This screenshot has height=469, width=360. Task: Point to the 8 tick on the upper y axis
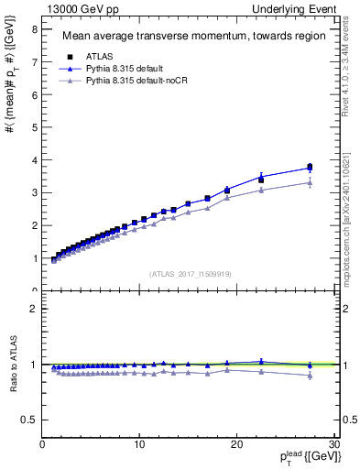(x=33, y=29)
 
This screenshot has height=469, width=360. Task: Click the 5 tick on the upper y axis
(x=33, y=127)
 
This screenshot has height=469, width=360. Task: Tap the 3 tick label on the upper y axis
(x=33, y=192)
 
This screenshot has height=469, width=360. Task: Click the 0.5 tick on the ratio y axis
(x=28, y=420)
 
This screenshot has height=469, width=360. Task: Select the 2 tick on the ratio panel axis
(x=33, y=309)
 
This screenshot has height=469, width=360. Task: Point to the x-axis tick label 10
(x=139, y=445)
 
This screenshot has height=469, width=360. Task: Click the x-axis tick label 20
(x=236, y=445)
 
